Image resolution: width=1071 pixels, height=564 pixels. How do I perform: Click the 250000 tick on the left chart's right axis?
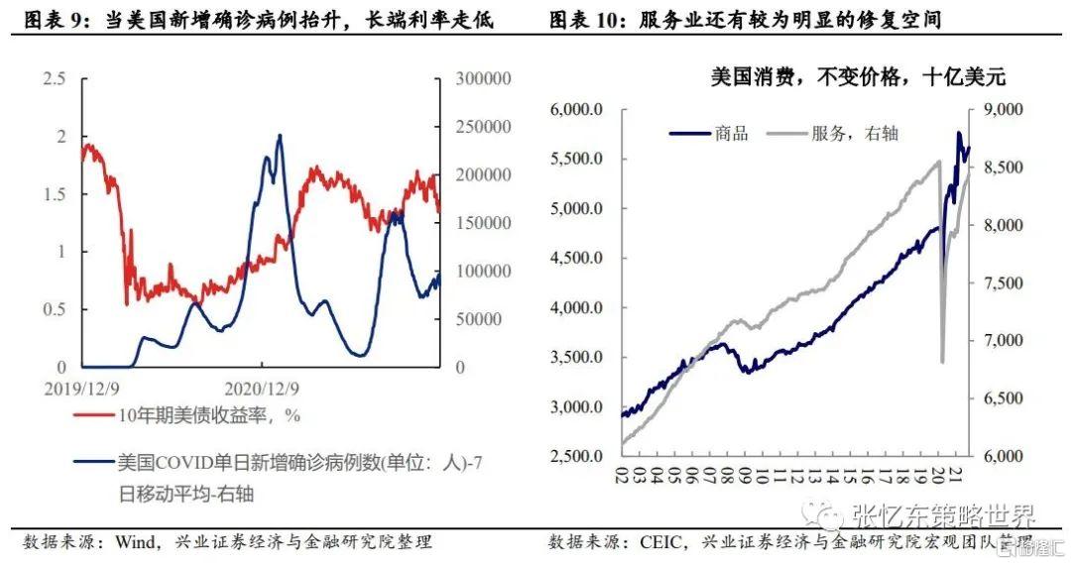pyautogui.click(x=482, y=127)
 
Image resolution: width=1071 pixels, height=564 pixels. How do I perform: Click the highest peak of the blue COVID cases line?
pyautogui.click(x=279, y=136)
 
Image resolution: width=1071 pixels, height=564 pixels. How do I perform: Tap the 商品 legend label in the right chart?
pyautogui.click(x=732, y=133)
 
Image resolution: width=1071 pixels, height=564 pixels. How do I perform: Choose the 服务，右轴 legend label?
pyautogui.click(x=854, y=133)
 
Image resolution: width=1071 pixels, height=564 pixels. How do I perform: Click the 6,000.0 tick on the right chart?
pyautogui.click(x=577, y=110)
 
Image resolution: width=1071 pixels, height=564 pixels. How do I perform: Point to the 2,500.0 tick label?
pyautogui.click(x=577, y=457)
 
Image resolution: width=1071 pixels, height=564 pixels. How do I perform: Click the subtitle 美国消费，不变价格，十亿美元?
pyautogui.click(x=857, y=77)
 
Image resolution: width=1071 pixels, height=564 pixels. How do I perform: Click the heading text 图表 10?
pyautogui.click(x=585, y=21)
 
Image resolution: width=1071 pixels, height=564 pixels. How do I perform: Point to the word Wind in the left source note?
pyautogui.click(x=136, y=542)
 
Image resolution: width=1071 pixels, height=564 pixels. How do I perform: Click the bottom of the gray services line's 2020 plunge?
pyautogui.click(x=942, y=362)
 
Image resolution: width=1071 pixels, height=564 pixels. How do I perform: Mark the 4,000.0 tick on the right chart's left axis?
pyautogui.click(x=577, y=308)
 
